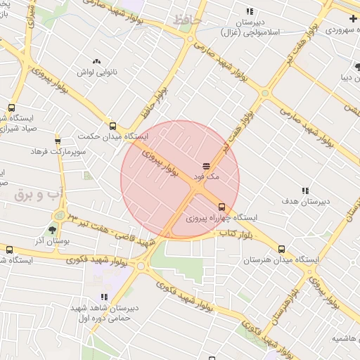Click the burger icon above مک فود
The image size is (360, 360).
[x=207, y=167]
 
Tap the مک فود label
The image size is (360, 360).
[x=207, y=177]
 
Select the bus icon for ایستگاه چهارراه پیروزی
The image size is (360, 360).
[x=222, y=207]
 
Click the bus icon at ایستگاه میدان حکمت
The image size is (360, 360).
[x=113, y=126]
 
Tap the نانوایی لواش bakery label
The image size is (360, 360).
[x=96, y=72]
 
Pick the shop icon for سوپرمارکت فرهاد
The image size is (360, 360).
[x=58, y=140]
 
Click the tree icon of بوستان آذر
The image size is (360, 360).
[x=53, y=230]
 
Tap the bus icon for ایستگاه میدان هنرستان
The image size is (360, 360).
[x=282, y=249]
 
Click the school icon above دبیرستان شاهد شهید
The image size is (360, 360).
[x=104, y=297]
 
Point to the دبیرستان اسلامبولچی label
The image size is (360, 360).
[x=250, y=27]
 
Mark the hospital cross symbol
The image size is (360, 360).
[x=352, y=18]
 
